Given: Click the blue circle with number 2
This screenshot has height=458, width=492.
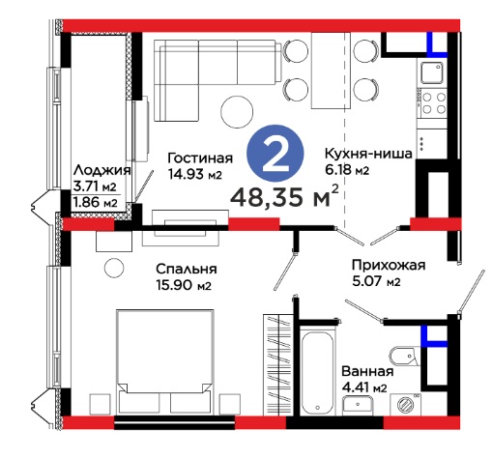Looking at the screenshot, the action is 275,153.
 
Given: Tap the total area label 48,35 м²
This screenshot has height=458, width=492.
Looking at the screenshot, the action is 284,196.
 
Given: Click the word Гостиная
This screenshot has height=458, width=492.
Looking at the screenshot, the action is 200,157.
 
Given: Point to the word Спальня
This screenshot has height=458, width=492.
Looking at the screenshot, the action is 187,269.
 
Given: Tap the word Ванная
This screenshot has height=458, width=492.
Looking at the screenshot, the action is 367,371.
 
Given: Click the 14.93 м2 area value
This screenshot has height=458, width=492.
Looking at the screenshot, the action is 195,174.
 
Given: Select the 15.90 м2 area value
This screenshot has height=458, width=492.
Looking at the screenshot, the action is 184,285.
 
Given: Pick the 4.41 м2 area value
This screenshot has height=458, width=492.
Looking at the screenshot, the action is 364,387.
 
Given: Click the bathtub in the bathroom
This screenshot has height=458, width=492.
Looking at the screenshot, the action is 318,372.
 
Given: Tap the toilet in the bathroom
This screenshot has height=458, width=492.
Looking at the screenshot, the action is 404,357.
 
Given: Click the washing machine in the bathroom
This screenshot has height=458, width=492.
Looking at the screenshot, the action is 405,404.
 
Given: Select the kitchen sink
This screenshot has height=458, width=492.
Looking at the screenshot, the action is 432,72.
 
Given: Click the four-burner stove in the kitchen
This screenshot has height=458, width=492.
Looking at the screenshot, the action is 433,103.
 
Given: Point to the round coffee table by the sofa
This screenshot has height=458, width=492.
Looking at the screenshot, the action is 237,112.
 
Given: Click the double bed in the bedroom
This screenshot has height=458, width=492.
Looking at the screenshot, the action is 165,361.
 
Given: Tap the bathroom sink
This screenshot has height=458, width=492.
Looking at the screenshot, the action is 358,404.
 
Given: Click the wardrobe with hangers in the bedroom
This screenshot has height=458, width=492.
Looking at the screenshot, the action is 277,364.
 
